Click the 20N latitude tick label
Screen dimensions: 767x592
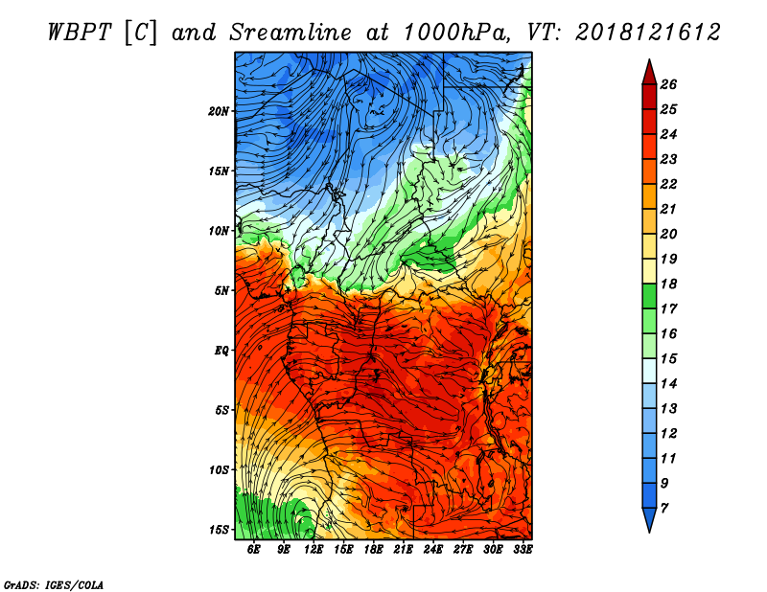[219, 111]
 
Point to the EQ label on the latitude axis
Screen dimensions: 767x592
[221, 351]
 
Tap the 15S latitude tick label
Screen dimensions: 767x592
[219, 530]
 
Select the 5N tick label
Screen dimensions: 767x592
[221, 291]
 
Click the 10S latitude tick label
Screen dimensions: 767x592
[219, 470]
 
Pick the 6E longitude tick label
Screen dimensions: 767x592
[253, 550]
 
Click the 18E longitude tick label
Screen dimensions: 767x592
[373, 550]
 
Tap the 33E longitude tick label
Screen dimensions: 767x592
[523, 550]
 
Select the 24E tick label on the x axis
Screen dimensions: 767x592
[433, 550]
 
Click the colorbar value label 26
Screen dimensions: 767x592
[668, 84]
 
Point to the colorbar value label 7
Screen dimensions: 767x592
[663, 509]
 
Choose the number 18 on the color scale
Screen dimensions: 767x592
[668, 284]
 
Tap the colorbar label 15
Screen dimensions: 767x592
[668, 359]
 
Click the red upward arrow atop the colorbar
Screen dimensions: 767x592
[649, 73]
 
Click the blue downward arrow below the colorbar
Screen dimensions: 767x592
[649, 520]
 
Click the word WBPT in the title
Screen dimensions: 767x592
[81, 33]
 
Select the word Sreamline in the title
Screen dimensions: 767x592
[291, 33]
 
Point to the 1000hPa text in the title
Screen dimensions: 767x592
[456, 33]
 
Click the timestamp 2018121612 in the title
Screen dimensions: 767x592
[648, 33]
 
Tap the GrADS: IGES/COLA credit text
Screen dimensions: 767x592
[54, 584]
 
